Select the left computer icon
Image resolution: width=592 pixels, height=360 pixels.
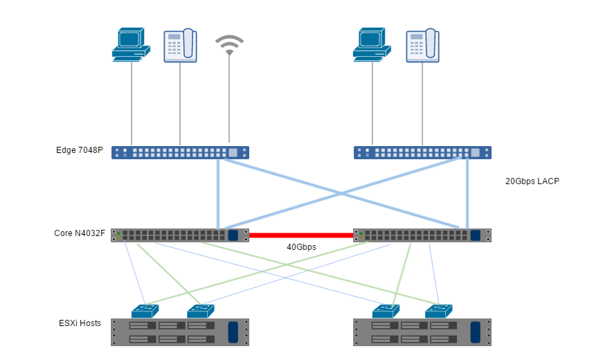(x=131, y=45)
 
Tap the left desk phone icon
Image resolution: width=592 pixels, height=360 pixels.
(x=180, y=46)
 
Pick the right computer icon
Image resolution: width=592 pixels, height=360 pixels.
(x=372, y=45)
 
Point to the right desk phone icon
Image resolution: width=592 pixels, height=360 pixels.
(x=422, y=46)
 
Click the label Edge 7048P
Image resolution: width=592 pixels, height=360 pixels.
(x=80, y=150)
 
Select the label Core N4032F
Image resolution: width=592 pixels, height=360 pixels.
(x=80, y=233)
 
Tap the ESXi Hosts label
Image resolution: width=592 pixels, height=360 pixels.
(x=80, y=323)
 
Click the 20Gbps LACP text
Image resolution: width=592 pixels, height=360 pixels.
(x=532, y=181)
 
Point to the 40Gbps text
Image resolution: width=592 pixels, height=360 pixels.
(x=301, y=247)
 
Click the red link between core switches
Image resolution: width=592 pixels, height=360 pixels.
(x=301, y=235)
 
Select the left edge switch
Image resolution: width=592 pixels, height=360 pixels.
(x=180, y=152)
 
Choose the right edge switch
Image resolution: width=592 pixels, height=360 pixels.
(x=422, y=152)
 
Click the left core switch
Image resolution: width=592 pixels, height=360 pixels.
(x=180, y=235)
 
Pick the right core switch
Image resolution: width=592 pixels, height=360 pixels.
(x=422, y=235)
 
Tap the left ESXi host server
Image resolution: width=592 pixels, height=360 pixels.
(x=180, y=332)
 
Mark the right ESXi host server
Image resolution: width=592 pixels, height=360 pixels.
(x=422, y=332)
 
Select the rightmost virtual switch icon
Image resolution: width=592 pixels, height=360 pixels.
(x=439, y=311)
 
